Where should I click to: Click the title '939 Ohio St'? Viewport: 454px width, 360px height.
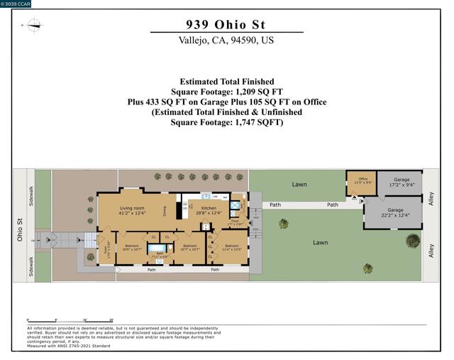226,24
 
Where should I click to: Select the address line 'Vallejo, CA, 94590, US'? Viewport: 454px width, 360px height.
226,40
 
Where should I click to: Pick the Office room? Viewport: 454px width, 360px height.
362,180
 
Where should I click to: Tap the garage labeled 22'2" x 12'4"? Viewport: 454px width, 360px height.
395,212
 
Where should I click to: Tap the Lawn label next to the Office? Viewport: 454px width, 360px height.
299,185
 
